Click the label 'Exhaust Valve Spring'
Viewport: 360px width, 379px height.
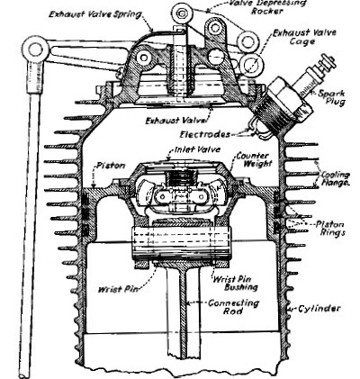(95, 14)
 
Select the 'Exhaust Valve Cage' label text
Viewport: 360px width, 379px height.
(303, 37)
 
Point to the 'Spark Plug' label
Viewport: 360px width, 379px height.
(331, 97)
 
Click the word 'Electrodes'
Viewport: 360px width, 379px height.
(205, 134)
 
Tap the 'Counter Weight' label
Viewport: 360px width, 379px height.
(253, 159)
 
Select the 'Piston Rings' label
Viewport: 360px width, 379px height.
(330, 228)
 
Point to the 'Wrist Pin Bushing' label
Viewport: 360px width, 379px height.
(235, 283)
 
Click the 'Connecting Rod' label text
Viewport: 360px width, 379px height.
(233, 306)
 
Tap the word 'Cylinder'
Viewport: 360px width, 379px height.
(319, 309)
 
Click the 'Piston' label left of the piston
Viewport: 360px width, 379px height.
(111, 166)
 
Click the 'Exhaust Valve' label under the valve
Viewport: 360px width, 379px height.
(176, 121)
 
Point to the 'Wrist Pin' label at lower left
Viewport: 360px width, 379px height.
(119, 289)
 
